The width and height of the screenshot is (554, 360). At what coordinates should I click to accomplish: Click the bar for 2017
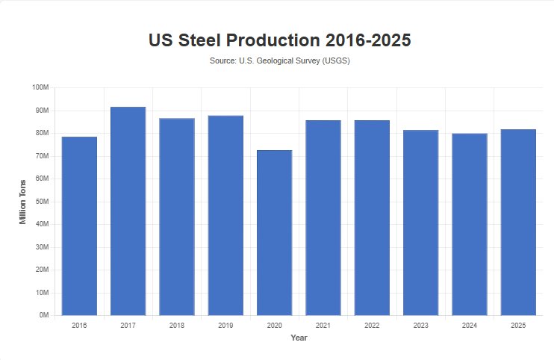(128, 211)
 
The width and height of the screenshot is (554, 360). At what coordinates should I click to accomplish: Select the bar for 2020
(274, 233)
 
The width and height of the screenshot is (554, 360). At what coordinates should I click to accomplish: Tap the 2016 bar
(79, 226)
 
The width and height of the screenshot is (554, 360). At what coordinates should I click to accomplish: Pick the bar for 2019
(225, 216)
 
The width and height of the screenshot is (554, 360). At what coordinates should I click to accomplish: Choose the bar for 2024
(470, 224)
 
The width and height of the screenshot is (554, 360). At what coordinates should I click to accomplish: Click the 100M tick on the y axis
(40, 87)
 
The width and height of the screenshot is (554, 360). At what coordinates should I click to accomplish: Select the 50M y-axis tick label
(42, 202)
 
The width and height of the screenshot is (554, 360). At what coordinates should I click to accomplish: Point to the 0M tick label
(43, 316)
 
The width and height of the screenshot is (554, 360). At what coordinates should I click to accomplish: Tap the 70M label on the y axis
(42, 156)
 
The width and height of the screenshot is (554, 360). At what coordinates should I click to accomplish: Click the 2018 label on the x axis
(177, 326)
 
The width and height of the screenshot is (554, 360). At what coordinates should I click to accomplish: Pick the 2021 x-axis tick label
(323, 326)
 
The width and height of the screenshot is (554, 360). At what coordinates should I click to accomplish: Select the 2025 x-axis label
(518, 326)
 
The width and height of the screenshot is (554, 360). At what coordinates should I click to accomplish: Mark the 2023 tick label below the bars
(420, 326)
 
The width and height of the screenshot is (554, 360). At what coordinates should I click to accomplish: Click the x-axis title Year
(299, 338)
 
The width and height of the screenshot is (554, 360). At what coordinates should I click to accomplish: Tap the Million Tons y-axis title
(23, 202)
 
